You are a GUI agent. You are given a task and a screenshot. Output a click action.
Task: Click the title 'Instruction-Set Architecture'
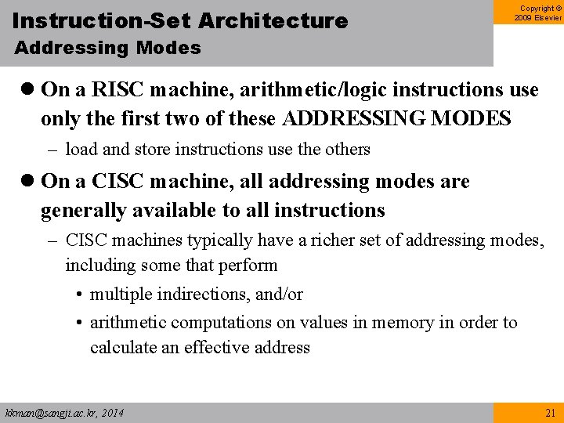(x=180, y=21)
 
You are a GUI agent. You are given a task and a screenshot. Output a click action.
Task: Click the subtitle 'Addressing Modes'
(x=107, y=48)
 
